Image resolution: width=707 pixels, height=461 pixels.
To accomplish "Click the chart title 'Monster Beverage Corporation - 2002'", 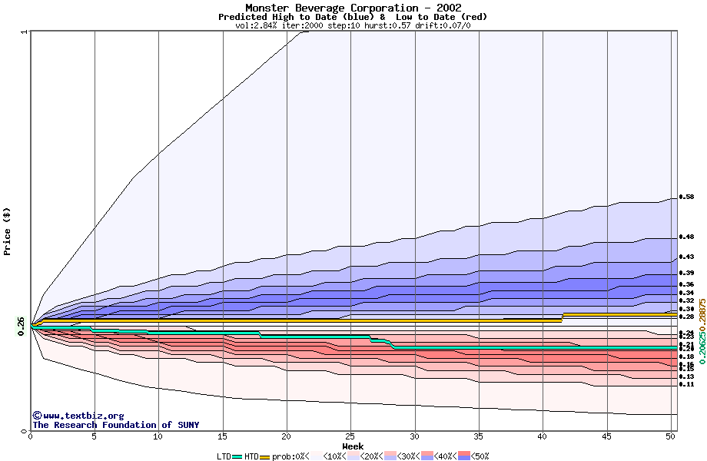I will coord(353,8).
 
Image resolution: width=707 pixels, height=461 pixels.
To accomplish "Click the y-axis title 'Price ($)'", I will coord(8,230).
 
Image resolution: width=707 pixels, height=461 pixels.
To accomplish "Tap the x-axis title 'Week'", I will coord(353,446).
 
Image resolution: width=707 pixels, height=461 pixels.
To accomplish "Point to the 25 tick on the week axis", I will coord(350,436).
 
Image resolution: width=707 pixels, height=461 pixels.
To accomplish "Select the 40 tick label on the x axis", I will coord(543,436).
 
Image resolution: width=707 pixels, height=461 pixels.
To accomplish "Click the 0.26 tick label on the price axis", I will coord(21,326).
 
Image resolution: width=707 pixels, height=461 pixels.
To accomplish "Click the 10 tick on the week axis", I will coord(158,436).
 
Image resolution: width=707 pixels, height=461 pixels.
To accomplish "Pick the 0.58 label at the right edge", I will coord(687,197).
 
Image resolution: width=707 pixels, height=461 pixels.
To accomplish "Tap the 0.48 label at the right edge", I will coord(687,237).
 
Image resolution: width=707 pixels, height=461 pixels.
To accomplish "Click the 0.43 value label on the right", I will coord(687,257).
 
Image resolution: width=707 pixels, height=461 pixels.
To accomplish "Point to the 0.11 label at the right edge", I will coord(687,384).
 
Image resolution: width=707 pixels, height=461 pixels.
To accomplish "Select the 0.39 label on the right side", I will coord(687,273).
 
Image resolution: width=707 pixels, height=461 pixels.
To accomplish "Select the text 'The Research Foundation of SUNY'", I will coord(115,425).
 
